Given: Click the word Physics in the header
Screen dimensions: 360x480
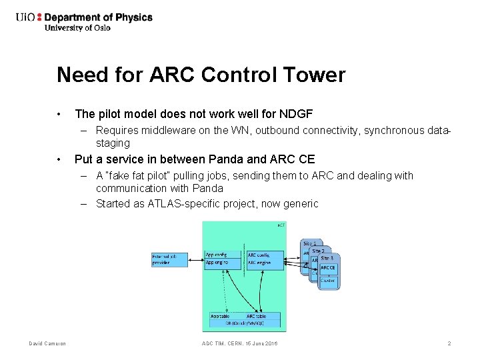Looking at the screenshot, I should click(133, 17).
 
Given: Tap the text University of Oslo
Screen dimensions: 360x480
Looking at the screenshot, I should click(77, 28).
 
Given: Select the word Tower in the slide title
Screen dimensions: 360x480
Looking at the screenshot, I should click(315, 75).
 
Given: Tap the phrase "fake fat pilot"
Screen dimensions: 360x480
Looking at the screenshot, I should click(140, 176).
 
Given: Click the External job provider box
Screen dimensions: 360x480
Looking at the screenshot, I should click(169, 259).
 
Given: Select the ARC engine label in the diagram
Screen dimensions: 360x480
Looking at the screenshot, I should click(260, 263).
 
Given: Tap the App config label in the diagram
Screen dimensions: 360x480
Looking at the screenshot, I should click(216, 255).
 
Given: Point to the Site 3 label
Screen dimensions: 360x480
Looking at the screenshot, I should click(326, 258).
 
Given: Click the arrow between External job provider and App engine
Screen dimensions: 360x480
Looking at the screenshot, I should click(197, 259).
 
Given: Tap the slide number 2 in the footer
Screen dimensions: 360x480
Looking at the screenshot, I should click(449, 343).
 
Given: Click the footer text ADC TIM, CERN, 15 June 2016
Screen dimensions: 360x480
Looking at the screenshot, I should click(239, 343).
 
